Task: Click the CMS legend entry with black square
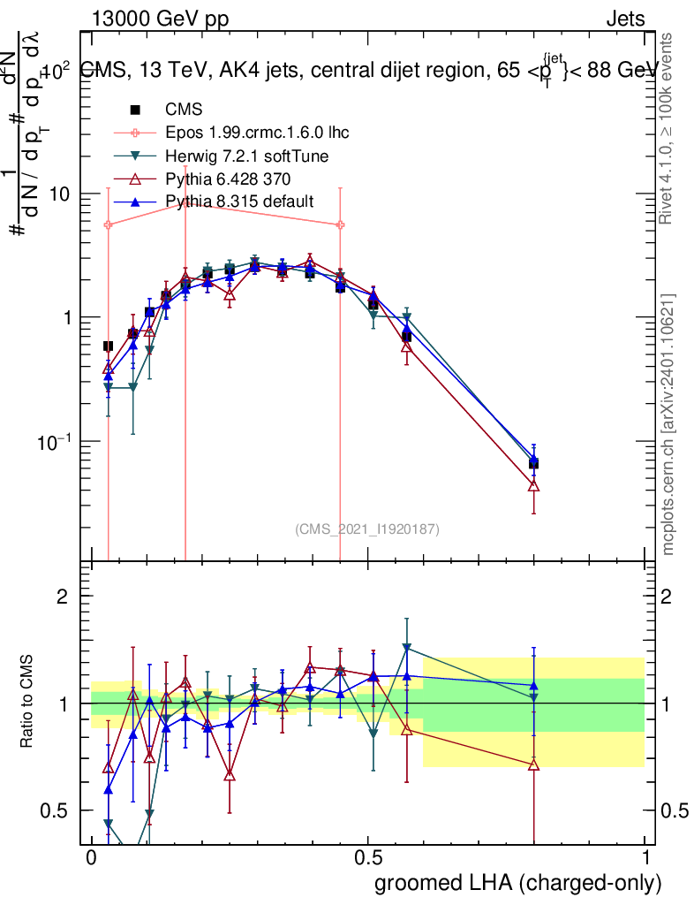[x=184, y=110]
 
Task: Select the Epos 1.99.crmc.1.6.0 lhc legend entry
[x=257, y=133]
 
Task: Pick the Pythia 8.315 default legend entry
[x=239, y=202]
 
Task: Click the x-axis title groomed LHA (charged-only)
[x=519, y=883]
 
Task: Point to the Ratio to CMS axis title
[x=28, y=701]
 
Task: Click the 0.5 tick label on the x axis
[x=368, y=858]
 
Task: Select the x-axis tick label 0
[x=91, y=858]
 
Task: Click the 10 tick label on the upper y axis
[x=61, y=194]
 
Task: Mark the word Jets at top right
[x=625, y=19]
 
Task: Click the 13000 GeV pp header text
[x=160, y=19]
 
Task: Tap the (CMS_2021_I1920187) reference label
[x=367, y=529]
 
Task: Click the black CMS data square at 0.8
[x=533, y=463]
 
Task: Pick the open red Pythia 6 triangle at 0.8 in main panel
[x=533, y=485]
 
